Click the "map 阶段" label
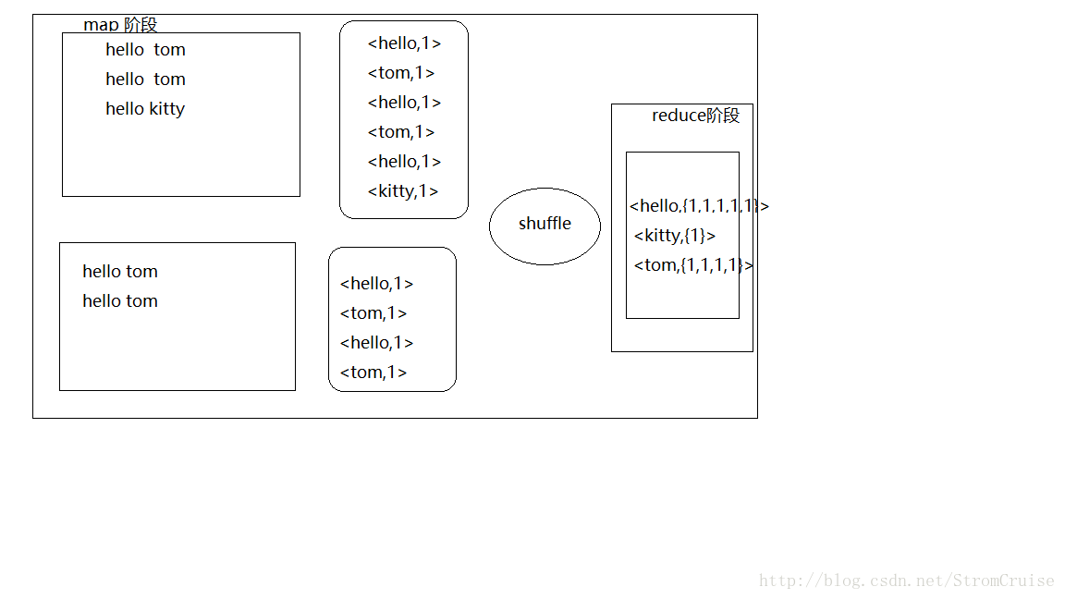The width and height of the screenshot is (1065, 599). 120,25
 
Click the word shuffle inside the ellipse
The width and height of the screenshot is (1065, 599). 545,224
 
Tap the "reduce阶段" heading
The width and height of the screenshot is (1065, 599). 695,116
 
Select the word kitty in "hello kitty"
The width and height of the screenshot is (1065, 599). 167,109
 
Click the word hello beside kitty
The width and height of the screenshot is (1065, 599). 125,109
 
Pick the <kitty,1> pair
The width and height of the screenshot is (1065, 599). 403,191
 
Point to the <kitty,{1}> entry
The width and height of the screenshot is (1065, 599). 675,236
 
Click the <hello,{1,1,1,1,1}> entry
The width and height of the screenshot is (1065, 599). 699,206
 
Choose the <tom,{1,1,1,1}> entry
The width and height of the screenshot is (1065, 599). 693,265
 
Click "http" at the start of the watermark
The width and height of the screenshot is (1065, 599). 777,581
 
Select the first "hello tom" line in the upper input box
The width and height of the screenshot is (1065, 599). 145,50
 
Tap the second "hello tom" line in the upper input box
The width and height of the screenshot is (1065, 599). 145,79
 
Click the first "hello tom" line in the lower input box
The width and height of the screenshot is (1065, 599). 120,272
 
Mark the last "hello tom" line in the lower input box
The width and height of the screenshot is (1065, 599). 120,301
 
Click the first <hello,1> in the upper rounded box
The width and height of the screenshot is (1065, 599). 404,43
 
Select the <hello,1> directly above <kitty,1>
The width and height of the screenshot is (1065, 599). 404,162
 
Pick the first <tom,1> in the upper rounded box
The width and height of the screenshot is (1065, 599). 401,73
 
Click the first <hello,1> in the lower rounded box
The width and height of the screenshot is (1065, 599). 376,284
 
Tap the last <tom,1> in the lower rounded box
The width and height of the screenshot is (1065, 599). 373,373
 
